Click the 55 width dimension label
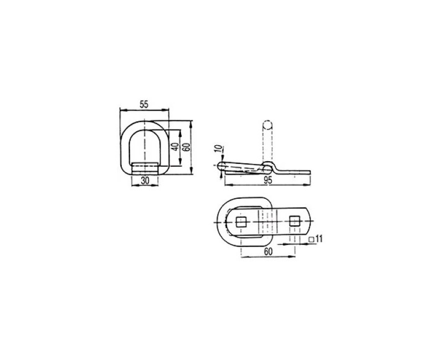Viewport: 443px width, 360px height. [144, 104]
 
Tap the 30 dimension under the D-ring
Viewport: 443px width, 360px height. [145, 181]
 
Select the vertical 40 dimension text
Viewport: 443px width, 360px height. [174, 147]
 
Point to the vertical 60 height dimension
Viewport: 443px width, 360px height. [187, 147]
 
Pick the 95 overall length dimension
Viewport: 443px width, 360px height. [267, 180]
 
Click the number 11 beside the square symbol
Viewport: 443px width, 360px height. [320, 239]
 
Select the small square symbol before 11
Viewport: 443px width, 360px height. [312, 239]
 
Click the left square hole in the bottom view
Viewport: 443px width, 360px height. [242, 222]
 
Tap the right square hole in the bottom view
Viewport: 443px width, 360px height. [293, 222]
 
